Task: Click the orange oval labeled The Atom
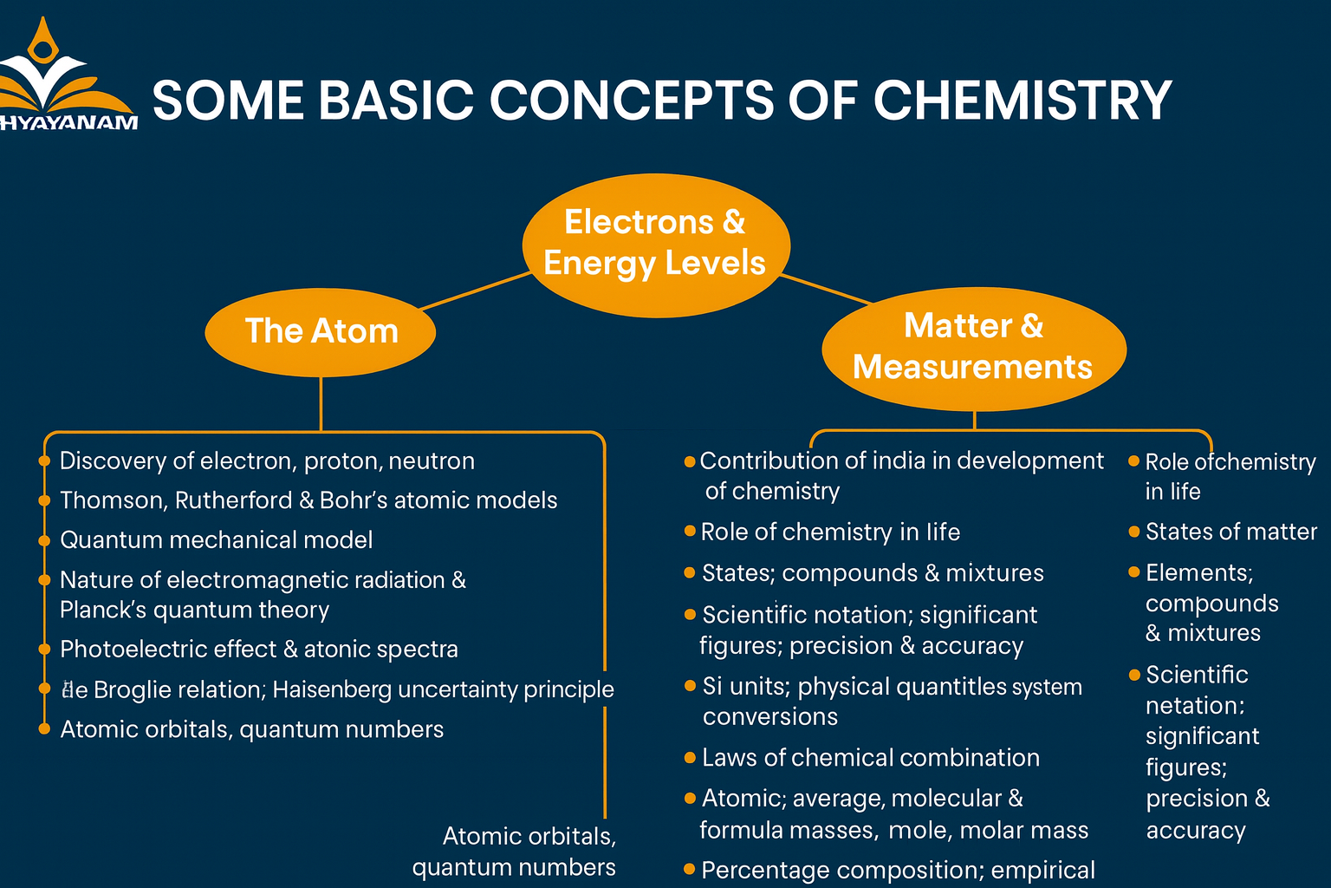coord(321,332)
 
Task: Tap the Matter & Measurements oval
coord(973,347)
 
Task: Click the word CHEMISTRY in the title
coord(1023,101)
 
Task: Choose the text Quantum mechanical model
coord(216,540)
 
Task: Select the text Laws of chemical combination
coord(870,758)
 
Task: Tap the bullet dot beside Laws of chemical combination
coord(690,758)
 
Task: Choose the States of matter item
coord(1230,532)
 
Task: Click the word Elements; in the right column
coord(1199,573)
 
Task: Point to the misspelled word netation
coord(1194,706)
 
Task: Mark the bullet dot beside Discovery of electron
coord(44,461)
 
